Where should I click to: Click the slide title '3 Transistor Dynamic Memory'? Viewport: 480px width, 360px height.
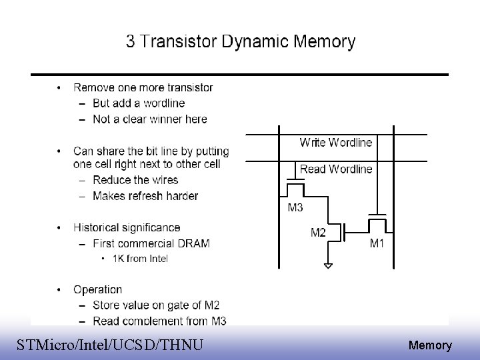241,42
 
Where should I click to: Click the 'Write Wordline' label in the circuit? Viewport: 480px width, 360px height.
336,142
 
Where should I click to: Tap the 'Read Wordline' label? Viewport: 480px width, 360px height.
336,169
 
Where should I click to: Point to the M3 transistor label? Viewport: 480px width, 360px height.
295,207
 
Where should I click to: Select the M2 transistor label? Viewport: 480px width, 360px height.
318,233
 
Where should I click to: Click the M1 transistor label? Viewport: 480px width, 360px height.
377,243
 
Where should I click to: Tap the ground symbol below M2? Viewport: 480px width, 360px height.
327,265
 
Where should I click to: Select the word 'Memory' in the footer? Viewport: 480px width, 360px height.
430,345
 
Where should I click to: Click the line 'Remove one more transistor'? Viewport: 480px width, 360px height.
143,87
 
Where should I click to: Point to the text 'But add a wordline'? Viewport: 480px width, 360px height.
139,103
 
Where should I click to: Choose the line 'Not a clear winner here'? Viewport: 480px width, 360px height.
150,119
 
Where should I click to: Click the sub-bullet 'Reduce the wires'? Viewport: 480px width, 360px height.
135,180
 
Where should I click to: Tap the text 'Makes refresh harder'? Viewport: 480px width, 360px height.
145,196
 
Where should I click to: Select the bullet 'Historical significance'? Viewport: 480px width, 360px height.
127,228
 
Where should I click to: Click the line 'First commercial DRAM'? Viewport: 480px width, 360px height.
151,243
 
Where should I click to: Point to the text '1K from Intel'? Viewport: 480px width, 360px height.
139,259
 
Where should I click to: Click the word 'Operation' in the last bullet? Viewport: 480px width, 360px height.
98,289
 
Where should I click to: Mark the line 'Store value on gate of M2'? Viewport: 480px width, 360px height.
156,305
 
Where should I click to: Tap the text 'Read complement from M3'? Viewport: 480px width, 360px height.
159,321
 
